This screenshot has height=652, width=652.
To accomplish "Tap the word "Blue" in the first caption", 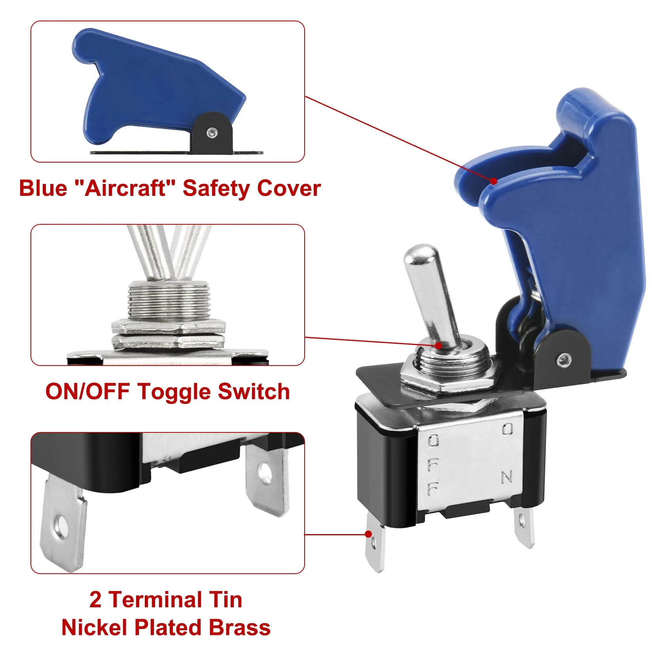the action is tap(43, 188).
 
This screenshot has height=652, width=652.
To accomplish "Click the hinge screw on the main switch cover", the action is tap(563, 360).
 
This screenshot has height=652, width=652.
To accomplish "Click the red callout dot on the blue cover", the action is tap(494, 181).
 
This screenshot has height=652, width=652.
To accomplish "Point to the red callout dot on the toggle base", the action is tap(438, 345).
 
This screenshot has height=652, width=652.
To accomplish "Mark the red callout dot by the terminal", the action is tap(368, 534).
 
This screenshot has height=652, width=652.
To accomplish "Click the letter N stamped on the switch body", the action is tap(507, 477).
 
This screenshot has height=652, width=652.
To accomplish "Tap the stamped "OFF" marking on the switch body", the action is tap(433, 465).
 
